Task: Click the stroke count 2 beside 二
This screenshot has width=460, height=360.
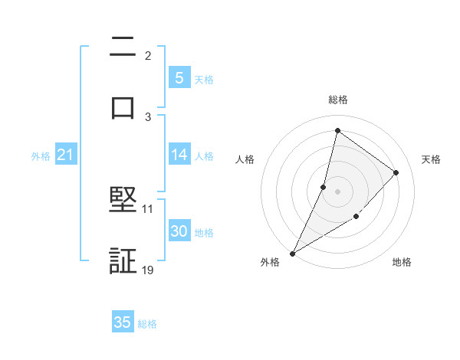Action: click(x=148, y=56)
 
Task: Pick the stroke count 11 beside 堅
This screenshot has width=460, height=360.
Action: click(x=148, y=208)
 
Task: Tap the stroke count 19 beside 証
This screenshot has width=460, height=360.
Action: click(x=148, y=270)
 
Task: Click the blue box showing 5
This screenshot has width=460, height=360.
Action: click(x=179, y=78)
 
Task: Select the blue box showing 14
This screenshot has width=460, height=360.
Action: click(x=179, y=155)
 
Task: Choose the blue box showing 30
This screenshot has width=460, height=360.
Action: click(x=179, y=231)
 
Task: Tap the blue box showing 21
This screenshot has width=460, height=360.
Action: click(x=66, y=155)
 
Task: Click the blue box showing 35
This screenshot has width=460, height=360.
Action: click(x=123, y=322)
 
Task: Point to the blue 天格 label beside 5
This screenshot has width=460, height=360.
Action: click(x=204, y=79)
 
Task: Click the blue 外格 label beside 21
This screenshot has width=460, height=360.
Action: click(x=41, y=156)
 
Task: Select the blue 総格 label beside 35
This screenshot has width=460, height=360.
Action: click(x=147, y=324)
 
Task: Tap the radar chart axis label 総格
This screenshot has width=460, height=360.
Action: click(x=337, y=100)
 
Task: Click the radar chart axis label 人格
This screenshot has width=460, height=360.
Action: click(x=245, y=159)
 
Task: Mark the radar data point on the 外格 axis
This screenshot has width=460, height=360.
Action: click(x=292, y=254)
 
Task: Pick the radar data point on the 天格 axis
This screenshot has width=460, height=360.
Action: click(x=396, y=172)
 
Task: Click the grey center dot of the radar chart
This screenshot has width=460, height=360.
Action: click(x=337, y=191)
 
